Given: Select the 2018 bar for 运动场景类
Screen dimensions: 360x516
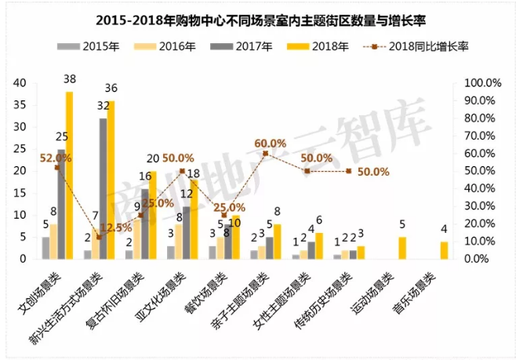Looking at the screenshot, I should [402, 248].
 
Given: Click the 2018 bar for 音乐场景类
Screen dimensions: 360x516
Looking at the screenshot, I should [444, 250].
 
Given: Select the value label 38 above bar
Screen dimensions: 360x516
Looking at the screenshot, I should [70, 78].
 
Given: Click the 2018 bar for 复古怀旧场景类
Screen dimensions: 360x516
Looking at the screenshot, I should [152, 215].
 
